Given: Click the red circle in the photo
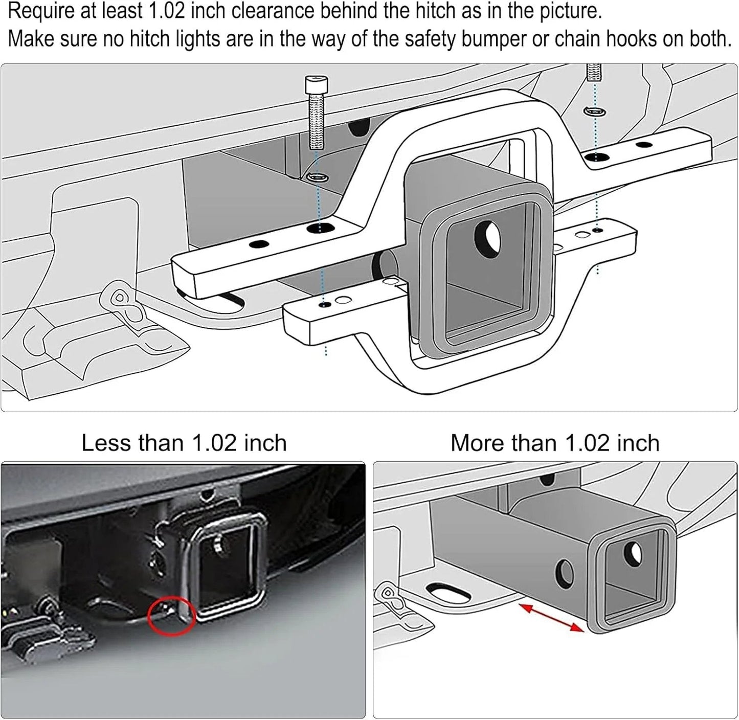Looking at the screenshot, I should [x=172, y=617].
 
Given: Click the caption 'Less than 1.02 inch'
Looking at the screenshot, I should [x=184, y=443].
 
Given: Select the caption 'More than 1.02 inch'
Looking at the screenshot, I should [x=555, y=443].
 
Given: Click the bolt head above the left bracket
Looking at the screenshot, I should [x=316, y=84].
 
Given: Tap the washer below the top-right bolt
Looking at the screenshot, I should [x=595, y=111].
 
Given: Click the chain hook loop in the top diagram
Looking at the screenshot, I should [x=120, y=297].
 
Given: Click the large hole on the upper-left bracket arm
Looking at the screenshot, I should [x=320, y=228].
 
